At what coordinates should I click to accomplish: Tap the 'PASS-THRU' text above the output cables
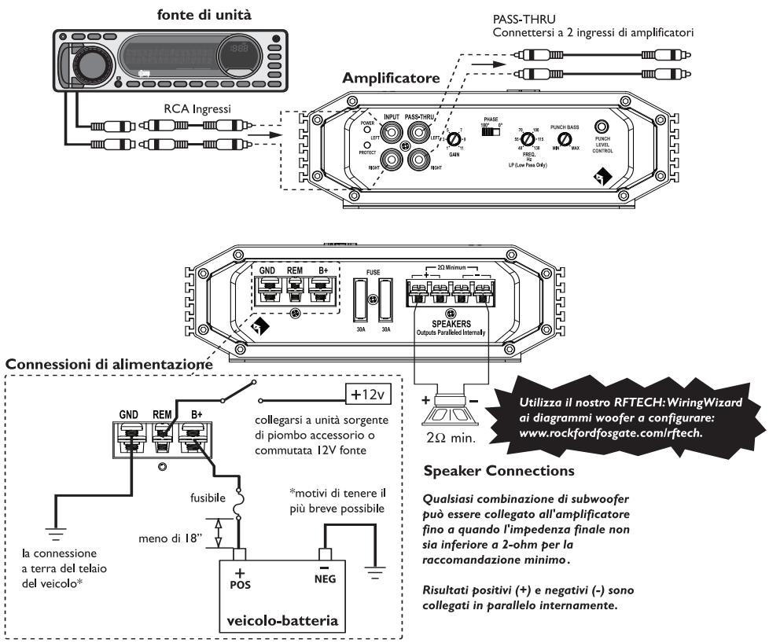pos(517,20)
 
